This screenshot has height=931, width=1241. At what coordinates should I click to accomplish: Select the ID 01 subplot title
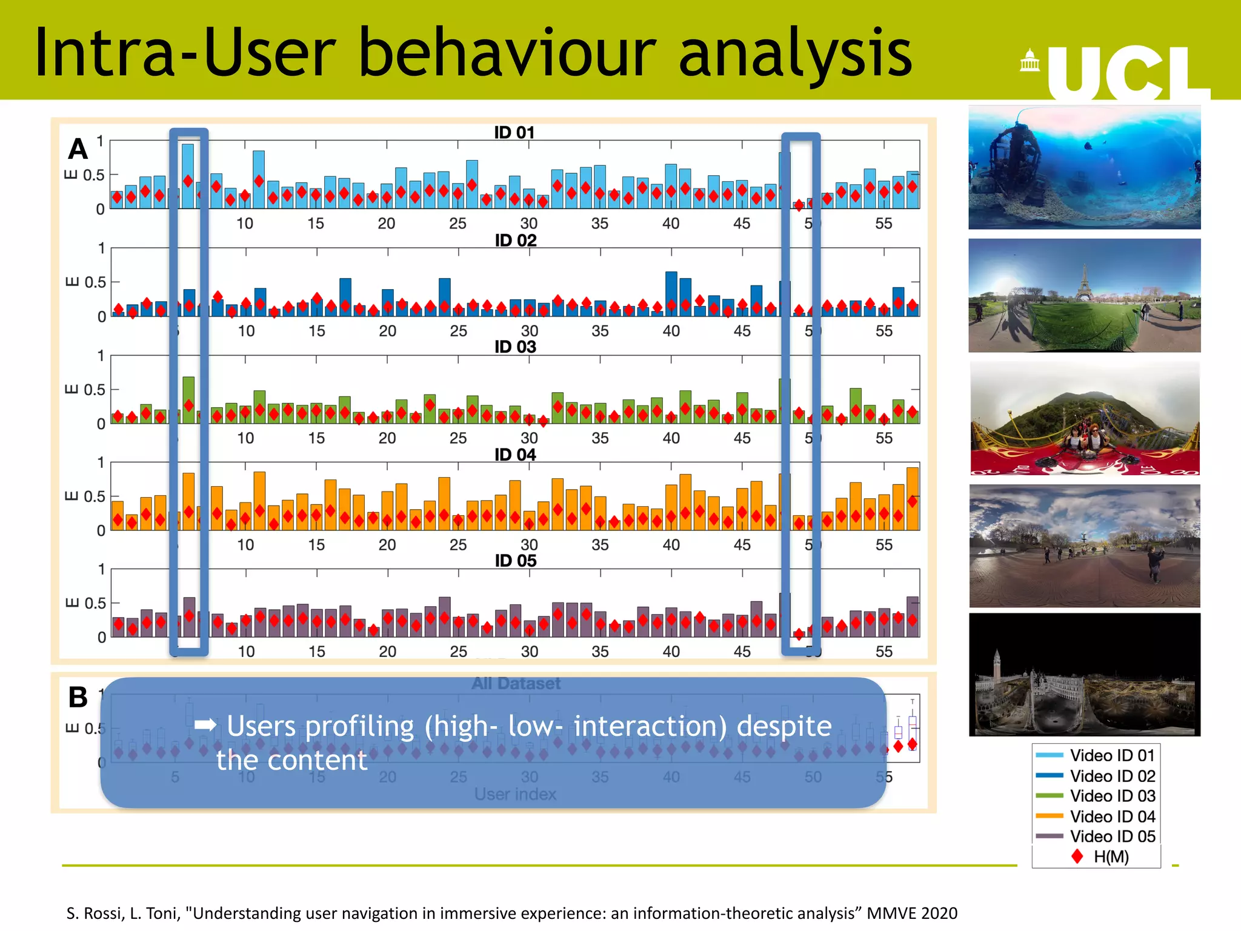click(x=514, y=132)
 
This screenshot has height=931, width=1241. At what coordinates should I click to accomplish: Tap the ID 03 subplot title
click(x=515, y=347)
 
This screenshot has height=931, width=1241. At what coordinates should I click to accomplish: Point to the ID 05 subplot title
click(x=515, y=561)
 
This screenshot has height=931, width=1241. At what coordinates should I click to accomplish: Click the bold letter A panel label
click(x=78, y=149)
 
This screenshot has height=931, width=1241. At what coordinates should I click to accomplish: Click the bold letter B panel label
click(x=78, y=697)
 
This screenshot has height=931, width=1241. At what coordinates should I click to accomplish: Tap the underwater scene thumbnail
click(x=1084, y=167)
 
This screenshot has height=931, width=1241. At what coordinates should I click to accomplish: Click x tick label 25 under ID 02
click(x=458, y=331)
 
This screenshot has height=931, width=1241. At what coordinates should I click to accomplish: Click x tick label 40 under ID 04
click(x=671, y=545)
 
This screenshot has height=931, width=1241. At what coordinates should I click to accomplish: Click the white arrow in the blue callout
click(x=205, y=724)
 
